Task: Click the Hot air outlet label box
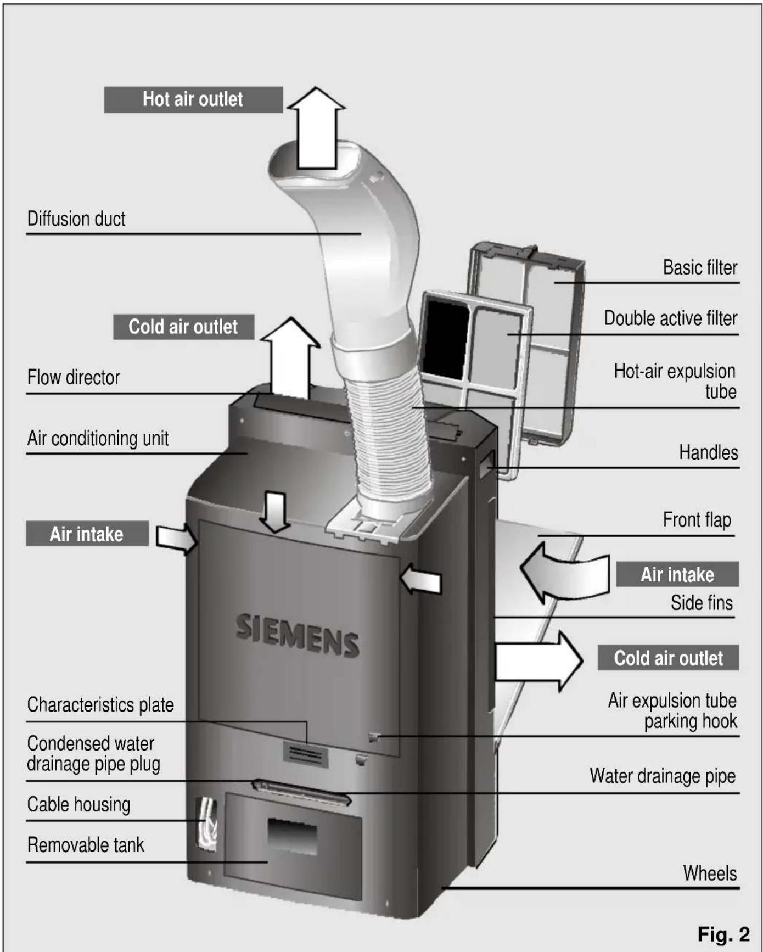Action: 193,99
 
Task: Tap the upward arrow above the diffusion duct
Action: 316,129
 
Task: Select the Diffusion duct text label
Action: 76,219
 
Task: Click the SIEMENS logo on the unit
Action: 298,635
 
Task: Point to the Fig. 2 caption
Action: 723,933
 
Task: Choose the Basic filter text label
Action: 700,267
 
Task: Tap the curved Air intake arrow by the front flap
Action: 565,574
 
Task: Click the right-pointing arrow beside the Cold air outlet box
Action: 538,660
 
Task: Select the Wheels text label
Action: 710,873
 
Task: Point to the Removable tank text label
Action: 86,844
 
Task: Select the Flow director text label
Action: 74,378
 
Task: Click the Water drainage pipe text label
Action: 663,776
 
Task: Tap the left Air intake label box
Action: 87,534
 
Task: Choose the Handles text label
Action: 708,452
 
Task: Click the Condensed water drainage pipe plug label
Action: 93,754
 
